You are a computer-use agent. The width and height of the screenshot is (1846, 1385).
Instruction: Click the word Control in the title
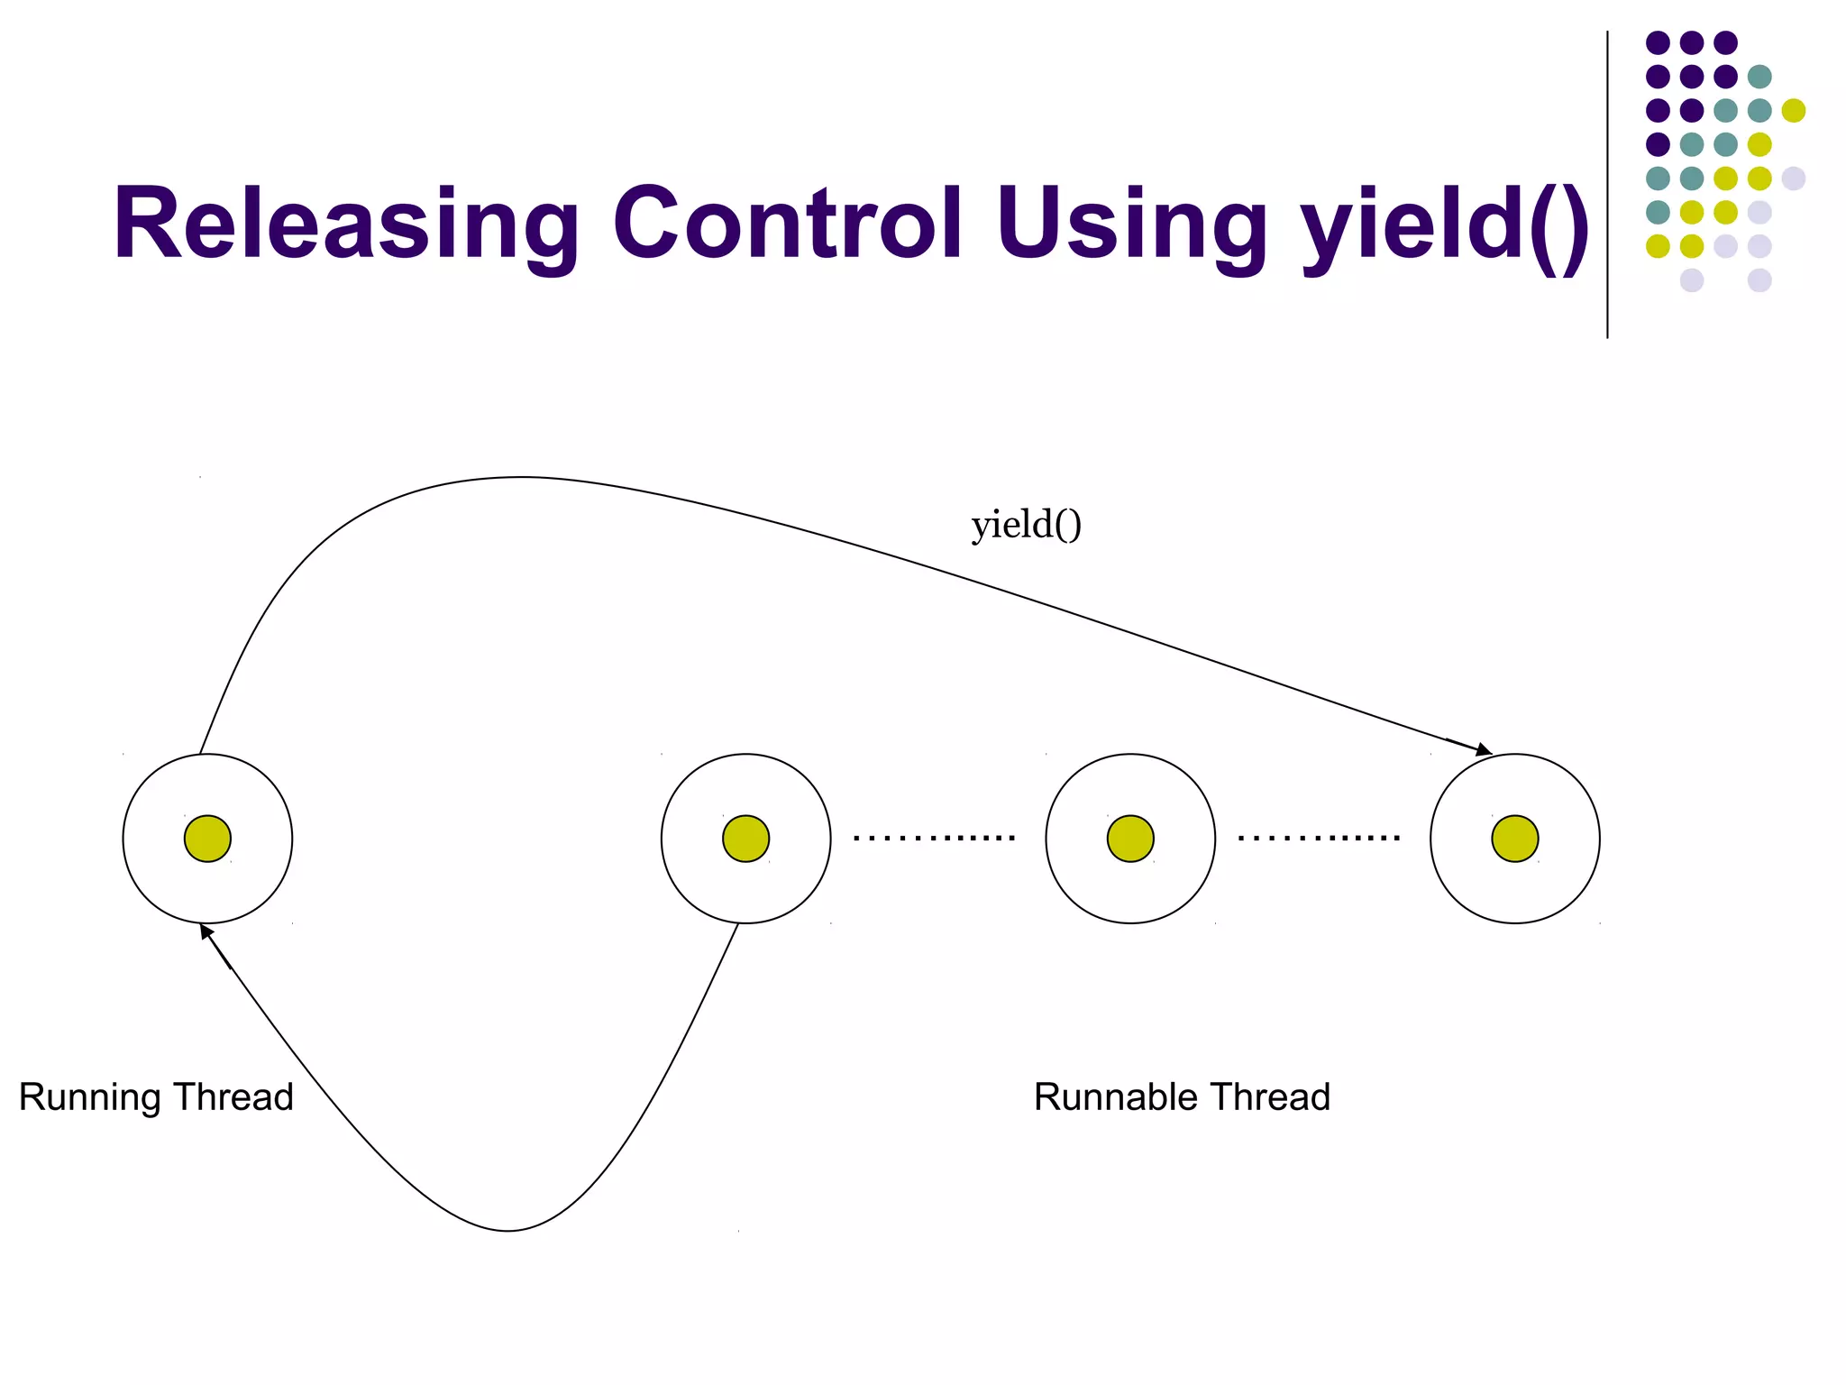[788, 224]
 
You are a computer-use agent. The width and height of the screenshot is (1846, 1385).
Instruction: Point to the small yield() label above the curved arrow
[1026, 525]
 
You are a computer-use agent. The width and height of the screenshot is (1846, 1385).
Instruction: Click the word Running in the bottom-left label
[89, 1097]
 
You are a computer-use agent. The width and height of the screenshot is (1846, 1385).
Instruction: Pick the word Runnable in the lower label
[1114, 1097]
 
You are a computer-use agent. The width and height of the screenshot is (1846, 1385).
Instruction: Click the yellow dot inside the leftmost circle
[207, 839]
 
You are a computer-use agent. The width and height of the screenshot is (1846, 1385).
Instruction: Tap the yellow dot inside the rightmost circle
[1514, 839]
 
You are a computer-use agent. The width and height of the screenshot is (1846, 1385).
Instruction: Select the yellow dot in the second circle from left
[745, 839]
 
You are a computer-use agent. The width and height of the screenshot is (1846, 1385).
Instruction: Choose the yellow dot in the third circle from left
[1130, 839]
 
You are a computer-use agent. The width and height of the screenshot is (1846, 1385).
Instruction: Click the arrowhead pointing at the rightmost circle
[1482, 749]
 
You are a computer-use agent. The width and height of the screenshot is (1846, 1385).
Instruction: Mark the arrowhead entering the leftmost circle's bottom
[206, 932]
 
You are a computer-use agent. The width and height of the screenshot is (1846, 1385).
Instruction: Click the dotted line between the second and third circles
[934, 839]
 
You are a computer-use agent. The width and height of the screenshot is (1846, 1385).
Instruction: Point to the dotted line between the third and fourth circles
[1319, 839]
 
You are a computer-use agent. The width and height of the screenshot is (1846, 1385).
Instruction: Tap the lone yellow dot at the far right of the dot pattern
[1794, 110]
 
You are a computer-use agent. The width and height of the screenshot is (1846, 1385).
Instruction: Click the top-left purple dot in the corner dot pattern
[1658, 42]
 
